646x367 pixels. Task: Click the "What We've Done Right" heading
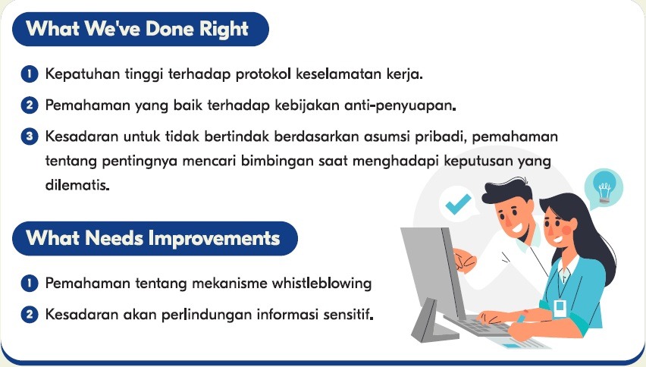click(x=137, y=29)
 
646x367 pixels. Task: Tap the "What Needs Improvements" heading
click(x=153, y=238)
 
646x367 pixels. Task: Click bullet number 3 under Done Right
click(x=30, y=136)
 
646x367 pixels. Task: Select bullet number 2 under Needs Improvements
click(x=30, y=314)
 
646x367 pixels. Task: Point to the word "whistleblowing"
click(x=321, y=284)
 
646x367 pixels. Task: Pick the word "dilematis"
click(x=77, y=184)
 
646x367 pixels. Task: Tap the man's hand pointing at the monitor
click(x=465, y=260)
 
